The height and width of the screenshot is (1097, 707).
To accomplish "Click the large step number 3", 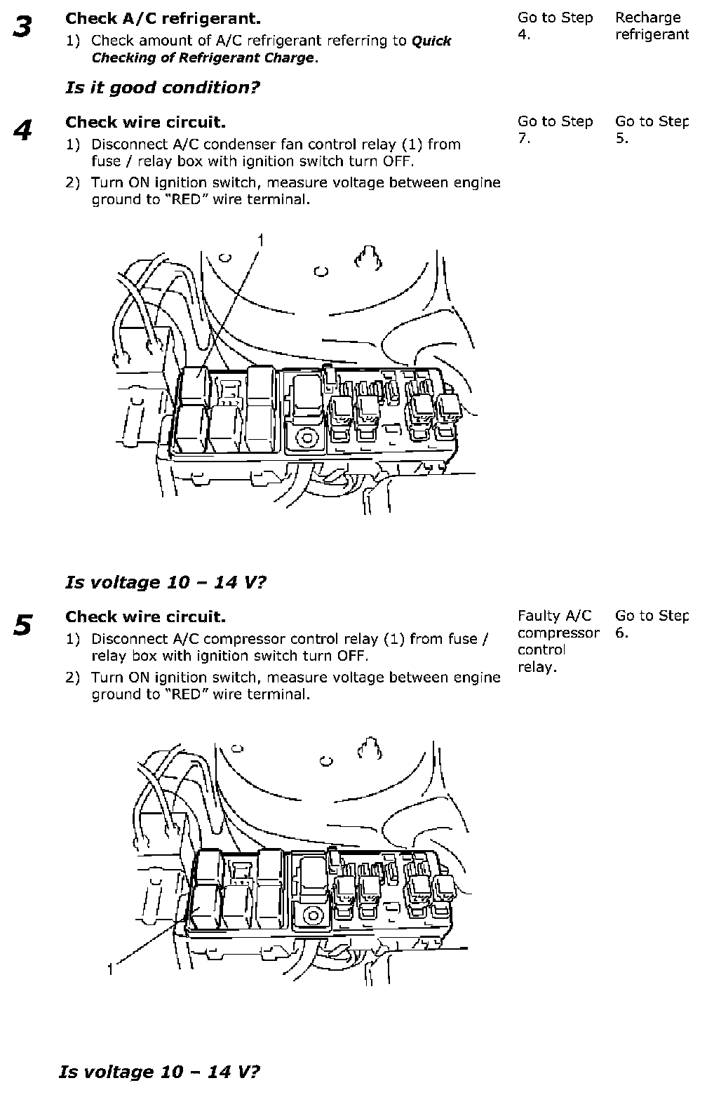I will (x=22, y=28).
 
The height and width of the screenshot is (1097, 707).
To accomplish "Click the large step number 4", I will (x=22, y=131).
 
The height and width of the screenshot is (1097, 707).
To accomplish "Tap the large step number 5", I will (x=22, y=625).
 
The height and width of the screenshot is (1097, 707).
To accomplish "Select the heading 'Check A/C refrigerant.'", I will (x=163, y=18).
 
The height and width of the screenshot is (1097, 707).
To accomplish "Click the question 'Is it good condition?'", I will (x=162, y=88).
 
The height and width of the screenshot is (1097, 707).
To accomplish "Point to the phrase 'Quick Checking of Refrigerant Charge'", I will (x=271, y=50).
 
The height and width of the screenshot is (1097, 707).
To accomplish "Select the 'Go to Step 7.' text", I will (x=555, y=130).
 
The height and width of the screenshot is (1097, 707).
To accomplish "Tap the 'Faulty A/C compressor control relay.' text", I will (x=558, y=641).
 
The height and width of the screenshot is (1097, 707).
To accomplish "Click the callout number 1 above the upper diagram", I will (x=261, y=241).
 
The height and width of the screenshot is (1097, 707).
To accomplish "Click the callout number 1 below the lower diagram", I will (x=111, y=970).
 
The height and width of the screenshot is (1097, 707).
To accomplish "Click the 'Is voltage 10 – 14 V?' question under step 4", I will (x=166, y=583).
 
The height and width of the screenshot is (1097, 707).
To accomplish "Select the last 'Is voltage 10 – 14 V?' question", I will (x=160, y=1072).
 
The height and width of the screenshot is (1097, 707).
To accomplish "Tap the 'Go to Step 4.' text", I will (x=555, y=26).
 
